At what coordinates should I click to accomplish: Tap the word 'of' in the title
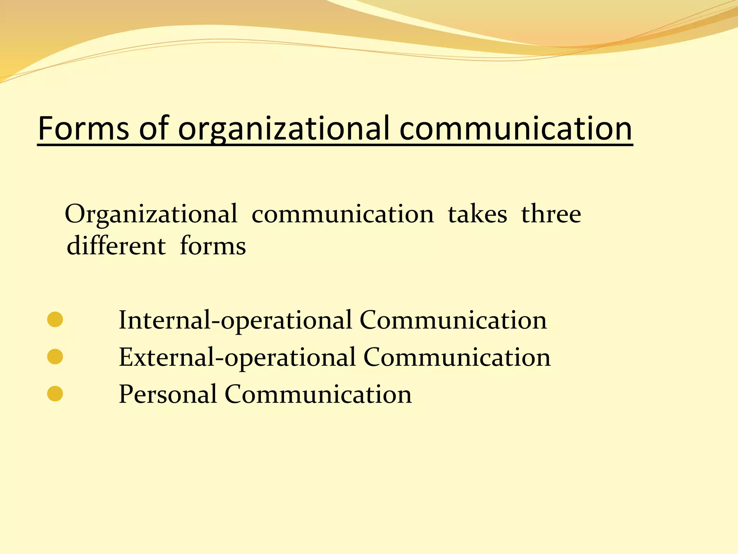pos(154,128)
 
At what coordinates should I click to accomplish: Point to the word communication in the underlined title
pos(516,128)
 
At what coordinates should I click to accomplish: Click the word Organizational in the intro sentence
pos(151,215)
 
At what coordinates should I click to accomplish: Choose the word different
pos(116,246)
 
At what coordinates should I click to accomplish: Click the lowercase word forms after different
pos(213,246)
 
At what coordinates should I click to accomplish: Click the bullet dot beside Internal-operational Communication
pos(55,320)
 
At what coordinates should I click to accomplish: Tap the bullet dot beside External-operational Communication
pos(55,357)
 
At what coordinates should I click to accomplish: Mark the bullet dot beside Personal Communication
pos(55,394)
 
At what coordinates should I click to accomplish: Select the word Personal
pos(168,394)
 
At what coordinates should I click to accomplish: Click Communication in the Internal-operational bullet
pos(453,320)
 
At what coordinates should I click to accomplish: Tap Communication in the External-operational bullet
pos(457,357)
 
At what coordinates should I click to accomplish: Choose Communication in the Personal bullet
pos(318,394)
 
